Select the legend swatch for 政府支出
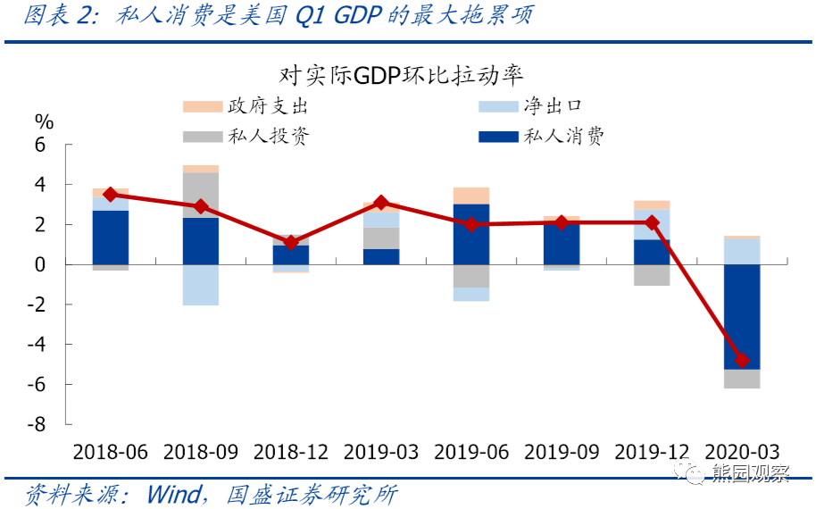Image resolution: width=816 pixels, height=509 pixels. pyautogui.click(x=202, y=107)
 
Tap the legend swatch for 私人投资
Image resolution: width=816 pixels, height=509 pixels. pyautogui.click(x=202, y=137)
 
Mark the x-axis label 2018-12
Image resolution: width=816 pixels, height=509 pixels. pyautogui.click(x=291, y=452)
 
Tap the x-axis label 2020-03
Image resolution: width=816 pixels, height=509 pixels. pyautogui.click(x=742, y=452)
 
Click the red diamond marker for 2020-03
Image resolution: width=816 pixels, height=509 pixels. pyautogui.click(x=742, y=361)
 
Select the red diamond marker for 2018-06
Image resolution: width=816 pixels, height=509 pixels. pyautogui.click(x=111, y=195)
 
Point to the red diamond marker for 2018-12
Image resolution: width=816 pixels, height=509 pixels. pyautogui.click(x=291, y=243)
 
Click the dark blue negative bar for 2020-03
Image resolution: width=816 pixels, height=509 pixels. pyautogui.click(x=742, y=316)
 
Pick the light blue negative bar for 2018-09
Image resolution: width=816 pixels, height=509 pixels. pyautogui.click(x=201, y=285)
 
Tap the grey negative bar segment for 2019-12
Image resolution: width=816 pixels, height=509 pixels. pyautogui.click(x=652, y=275)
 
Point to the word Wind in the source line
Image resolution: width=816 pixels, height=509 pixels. pyautogui.click(x=174, y=493)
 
